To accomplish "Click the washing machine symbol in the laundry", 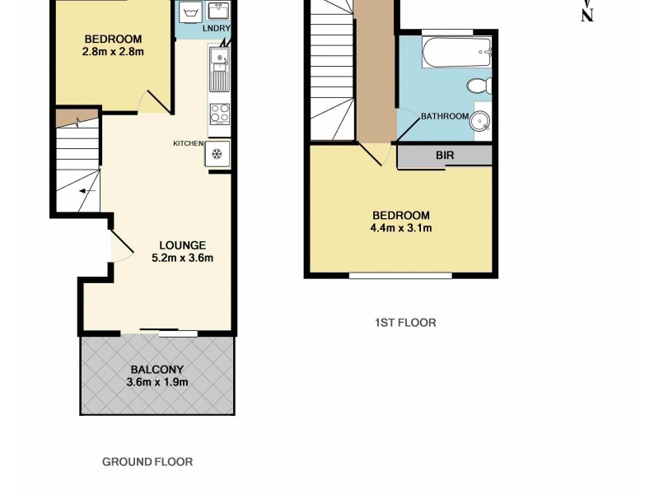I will click(190, 12).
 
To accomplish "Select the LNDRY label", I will click(217, 30).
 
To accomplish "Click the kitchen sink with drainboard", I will click(219, 69).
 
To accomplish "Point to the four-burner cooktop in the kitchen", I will click(219, 114).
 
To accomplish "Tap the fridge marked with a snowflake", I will click(218, 154).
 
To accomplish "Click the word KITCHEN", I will click(188, 143).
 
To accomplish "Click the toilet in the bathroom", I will click(478, 85).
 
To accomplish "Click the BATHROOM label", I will click(445, 116).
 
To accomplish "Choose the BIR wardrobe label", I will click(445, 155).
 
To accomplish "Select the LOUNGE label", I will click(182, 245).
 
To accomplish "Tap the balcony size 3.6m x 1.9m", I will click(157, 382).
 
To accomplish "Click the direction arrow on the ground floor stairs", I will click(85, 193).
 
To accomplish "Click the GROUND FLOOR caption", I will click(147, 462).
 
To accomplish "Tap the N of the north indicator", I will click(587, 16).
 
